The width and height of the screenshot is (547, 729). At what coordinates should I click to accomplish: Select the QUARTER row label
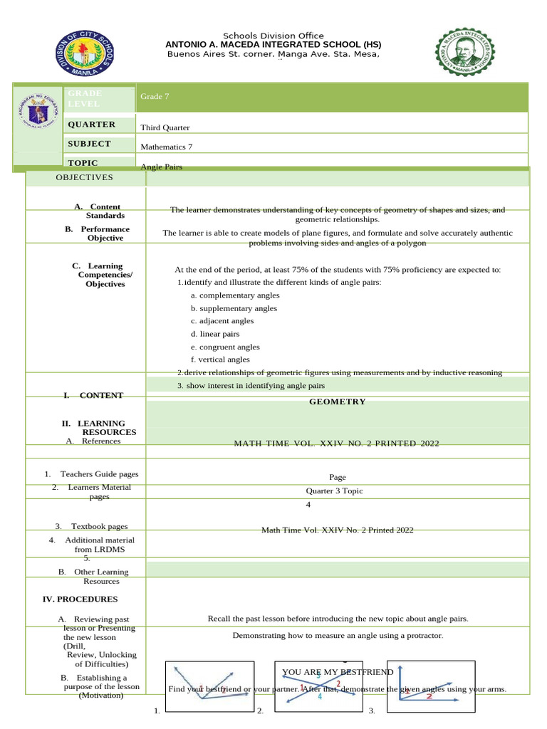tap(91, 125)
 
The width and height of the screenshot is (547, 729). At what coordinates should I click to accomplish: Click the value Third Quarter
tap(165, 127)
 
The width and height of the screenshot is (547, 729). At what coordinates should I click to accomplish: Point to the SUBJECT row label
tap(89, 144)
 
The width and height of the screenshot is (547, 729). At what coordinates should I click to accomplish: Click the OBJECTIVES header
tap(85, 177)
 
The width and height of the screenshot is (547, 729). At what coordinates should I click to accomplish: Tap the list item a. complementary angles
tap(234, 295)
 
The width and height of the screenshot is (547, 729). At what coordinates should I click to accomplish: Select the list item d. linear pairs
tap(215, 334)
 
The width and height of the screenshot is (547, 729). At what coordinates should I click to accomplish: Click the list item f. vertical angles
tap(220, 360)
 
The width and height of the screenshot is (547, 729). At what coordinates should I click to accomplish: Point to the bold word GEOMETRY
tap(337, 402)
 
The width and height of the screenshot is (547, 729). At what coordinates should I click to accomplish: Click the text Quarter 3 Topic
tap(334, 491)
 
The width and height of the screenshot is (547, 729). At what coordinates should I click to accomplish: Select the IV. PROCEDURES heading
tap(80, 599)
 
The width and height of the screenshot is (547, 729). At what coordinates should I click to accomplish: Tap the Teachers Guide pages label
tap(99, 474)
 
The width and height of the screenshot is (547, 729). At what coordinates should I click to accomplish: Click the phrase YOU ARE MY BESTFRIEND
tap(338, 672)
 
